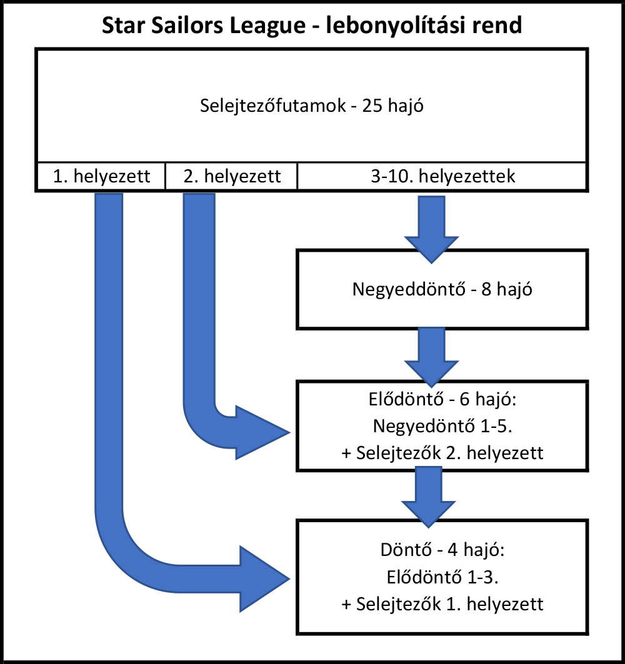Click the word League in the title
click(x=267, y=26)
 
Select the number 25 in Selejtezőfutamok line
click(x=372, y=106)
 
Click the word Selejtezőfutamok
click(x=273, y=106)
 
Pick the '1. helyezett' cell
click(x=101, y=176)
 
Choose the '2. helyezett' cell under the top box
click(x=231, y=176)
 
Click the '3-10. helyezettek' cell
click(x=442, y=176)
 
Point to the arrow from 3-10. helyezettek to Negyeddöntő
click(x=431, y=229)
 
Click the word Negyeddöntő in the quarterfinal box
click(x=409, y=289)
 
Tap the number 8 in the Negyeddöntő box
click(x=486, y=289)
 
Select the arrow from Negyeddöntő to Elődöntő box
click(x=431, y=357)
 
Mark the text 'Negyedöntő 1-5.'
click(x=442, y=426)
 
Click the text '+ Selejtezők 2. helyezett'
click(x=442, y=453)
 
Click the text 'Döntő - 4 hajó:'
click(x=442, y=550)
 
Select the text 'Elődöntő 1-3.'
click(x=442, y=577)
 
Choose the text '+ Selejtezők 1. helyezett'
click(x=442, y=604)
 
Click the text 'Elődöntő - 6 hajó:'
click(x=442, y=399)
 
